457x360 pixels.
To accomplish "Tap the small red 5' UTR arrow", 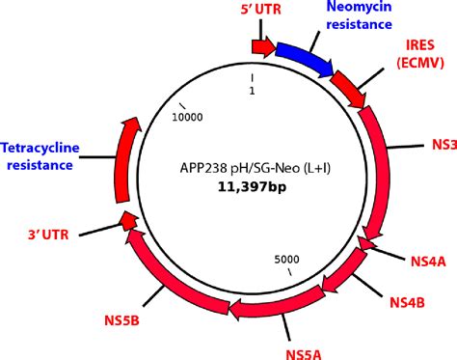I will pos(261,46).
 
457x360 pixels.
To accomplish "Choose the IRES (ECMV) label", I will pos(420,54).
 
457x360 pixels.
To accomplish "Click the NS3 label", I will pos(442,146).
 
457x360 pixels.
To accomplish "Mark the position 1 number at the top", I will pos(252,93).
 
